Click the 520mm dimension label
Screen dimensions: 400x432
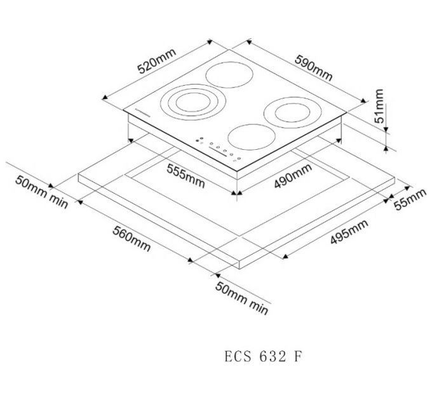[155, 61]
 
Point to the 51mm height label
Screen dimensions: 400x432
[379, 107]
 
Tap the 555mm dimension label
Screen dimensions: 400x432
[186, 175]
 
